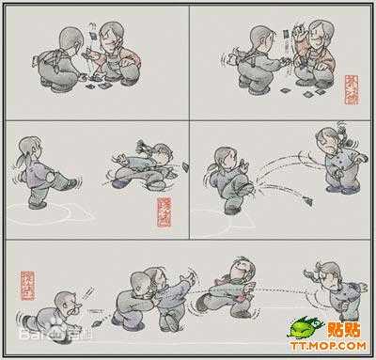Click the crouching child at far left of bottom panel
click(66, 305)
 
